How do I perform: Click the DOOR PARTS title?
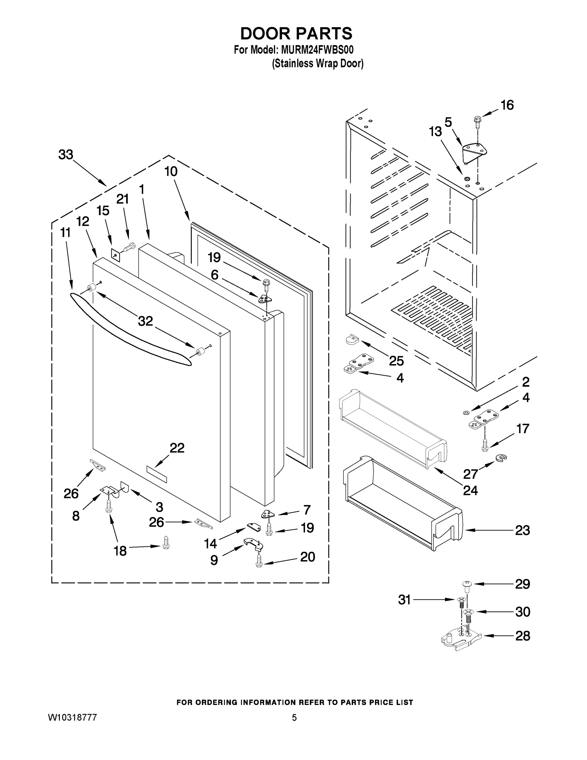(296, 34)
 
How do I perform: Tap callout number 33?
(66, 155)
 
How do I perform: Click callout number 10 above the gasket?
(171, 172)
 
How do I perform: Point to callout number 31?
(404, 599)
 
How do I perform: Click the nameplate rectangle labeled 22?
(157, 475)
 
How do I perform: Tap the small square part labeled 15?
(116, 255)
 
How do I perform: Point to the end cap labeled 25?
(352, 339)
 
